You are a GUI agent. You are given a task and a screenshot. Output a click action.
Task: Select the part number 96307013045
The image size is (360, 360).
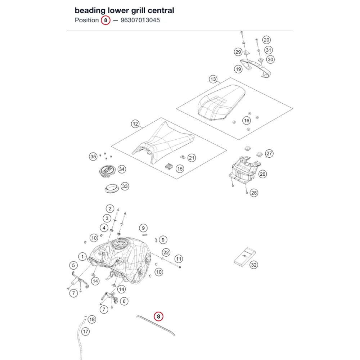click(140, 20)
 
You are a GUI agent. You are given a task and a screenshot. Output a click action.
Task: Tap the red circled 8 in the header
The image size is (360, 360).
click(105, 20)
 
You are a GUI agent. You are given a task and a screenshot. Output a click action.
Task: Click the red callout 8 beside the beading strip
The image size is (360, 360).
click(158, 316)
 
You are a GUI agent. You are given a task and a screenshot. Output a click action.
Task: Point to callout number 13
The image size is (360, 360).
click(213, 79)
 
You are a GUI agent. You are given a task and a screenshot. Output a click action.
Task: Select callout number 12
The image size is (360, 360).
click(135, 124)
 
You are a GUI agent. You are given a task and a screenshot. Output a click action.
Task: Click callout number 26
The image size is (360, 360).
click(262, 174)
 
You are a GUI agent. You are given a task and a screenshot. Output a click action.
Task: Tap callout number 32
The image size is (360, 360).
click(254, 265)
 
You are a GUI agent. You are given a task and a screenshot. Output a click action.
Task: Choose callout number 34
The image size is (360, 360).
click(122, 169)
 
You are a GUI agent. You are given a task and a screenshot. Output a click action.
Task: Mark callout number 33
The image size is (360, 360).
click(125, 186)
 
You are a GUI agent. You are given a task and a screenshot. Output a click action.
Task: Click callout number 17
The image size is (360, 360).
click(85, 332)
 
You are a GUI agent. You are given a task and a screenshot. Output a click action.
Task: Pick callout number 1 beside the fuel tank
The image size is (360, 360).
click(82, 256)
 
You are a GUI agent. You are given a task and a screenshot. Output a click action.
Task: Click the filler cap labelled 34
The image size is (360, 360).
click(107, 171)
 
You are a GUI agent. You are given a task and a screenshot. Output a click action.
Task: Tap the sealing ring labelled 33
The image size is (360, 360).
click(112, 189)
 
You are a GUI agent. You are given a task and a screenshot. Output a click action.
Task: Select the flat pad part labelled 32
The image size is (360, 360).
click(245, 257)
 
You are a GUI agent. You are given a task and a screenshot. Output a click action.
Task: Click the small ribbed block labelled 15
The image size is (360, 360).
click(169, 166)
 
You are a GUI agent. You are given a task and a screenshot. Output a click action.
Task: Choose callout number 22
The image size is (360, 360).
click(166, 253)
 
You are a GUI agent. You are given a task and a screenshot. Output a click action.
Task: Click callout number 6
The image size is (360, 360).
click(124, 301)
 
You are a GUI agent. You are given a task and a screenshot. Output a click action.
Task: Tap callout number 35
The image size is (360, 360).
click(93, 157)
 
